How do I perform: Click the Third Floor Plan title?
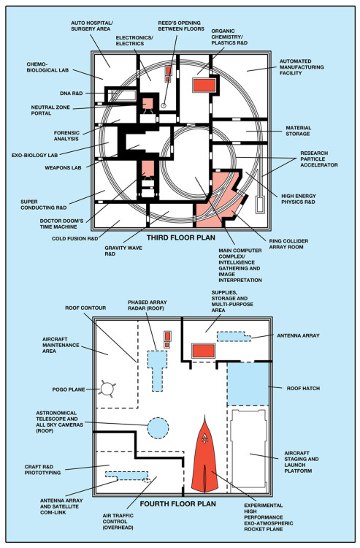180,237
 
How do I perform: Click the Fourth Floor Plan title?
177,503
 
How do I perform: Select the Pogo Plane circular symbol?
107,388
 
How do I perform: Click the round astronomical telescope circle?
158,427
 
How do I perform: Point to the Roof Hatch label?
303,388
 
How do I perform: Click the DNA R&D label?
72,94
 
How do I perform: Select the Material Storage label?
297,131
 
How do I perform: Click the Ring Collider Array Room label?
288,243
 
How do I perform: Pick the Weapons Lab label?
63,168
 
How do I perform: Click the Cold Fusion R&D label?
74,239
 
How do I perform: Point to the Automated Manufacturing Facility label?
302,66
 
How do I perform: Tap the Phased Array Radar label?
147,305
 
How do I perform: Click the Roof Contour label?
85,308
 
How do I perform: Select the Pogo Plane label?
69,389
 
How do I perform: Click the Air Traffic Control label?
118,522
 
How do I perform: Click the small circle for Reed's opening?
164,105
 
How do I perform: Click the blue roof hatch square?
248,384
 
